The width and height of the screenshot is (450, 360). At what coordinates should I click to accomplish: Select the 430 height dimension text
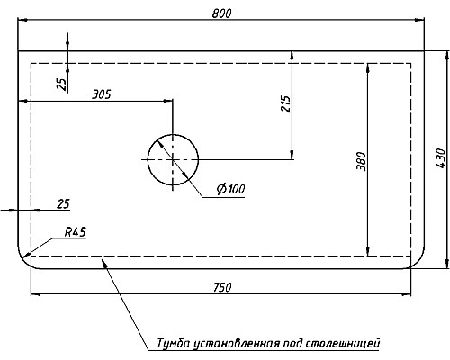click(x=439, y=159)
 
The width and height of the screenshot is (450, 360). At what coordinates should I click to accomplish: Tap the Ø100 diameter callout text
click(x=231, y=189)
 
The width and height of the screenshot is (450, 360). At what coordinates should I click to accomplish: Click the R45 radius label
click(x=75, y=232)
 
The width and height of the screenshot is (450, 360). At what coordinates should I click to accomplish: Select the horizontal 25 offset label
click(x=63, y=203)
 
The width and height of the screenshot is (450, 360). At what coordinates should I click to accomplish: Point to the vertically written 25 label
click(x=61, y=84)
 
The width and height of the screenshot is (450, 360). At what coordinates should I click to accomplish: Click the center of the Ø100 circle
click(x=174, y=159)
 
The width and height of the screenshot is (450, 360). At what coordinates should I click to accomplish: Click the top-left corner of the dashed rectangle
click(x=31, y=63)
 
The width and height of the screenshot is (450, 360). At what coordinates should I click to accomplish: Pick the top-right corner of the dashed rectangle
click(x=413, y=63)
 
